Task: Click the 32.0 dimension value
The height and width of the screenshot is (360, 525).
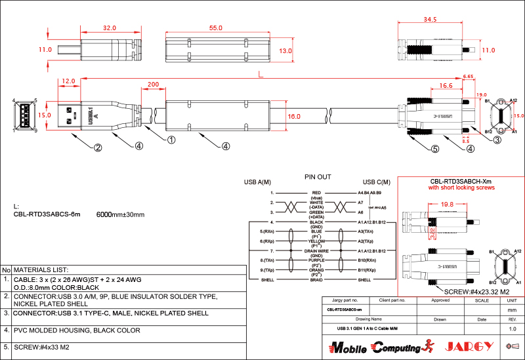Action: pos(110,28)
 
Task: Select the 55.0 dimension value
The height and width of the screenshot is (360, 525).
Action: pos(216,28)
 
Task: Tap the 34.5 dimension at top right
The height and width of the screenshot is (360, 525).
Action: pos(429,20)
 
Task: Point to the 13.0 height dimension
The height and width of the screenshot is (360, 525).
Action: pos(285,50)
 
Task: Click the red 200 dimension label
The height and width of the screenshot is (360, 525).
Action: pos(153,85)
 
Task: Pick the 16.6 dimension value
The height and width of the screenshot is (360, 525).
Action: pos(446,85)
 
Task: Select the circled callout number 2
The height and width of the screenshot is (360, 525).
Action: pos(98,148)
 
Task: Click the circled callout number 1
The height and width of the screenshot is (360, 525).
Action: pos(171,140)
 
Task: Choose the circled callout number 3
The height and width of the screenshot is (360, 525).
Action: pos(497,140)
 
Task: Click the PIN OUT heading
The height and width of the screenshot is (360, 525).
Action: pos(318,177)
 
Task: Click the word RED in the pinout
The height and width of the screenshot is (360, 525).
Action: pos(317,193)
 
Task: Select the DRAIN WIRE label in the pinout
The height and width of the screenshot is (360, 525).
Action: pos(317,250)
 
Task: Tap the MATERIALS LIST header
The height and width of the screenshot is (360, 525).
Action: pos(41,270)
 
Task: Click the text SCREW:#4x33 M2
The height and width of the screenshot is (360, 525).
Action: pos(41,348)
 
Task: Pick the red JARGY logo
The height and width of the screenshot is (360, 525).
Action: pos(467,346)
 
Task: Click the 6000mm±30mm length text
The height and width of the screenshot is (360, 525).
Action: pos(120,214)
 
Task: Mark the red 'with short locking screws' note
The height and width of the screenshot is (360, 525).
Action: pos(461,188)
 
